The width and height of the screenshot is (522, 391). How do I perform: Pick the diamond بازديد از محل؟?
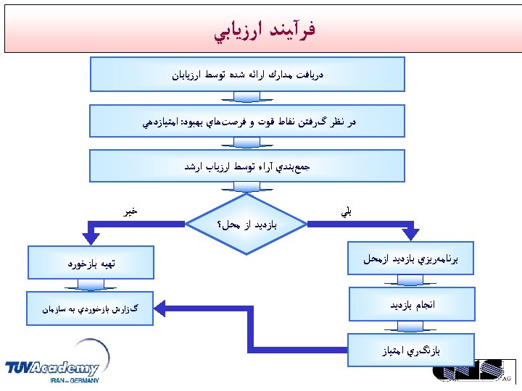(246, 224)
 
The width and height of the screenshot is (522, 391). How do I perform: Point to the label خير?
(130, 211)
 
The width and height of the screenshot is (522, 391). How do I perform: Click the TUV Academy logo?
(52, 368)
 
